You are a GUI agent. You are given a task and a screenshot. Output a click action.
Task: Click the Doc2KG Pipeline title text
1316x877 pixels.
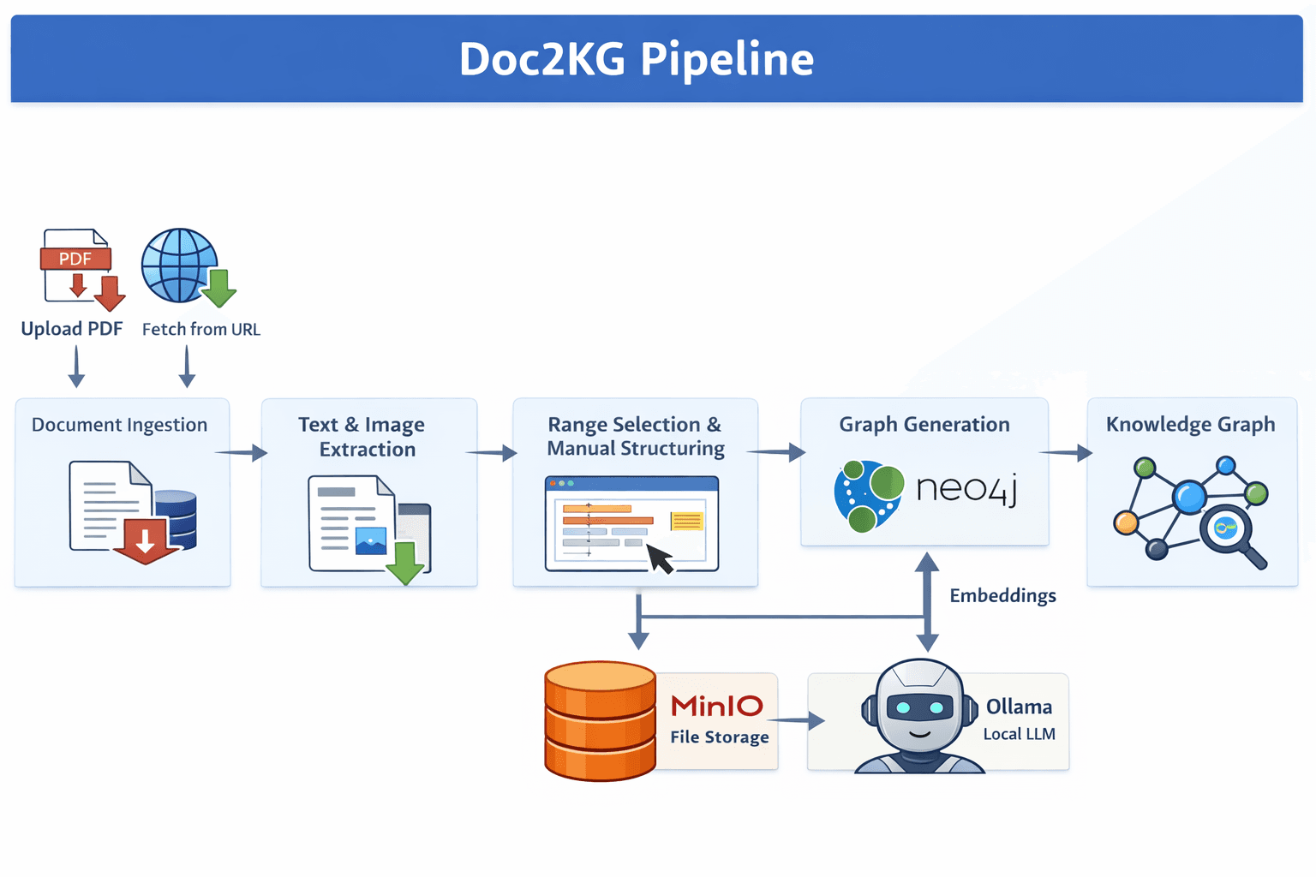(636, 59)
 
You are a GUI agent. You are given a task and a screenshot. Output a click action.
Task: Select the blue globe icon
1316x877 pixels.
(178, 265)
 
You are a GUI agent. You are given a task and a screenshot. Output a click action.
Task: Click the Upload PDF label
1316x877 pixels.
(72, 329)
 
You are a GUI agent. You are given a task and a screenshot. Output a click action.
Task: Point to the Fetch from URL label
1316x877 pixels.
(200, 330)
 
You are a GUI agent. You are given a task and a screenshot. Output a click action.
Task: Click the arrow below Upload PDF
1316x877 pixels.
(76, 367)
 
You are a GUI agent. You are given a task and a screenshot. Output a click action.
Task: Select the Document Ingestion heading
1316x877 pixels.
(119, 425)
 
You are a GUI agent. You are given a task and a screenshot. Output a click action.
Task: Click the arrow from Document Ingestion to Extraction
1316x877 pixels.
(242, 452)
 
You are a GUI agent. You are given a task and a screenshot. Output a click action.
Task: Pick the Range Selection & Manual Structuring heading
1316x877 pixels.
(635, 437)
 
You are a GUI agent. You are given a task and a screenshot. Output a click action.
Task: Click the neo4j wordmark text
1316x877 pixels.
(966, 489)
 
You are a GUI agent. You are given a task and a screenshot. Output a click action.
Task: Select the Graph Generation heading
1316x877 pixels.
(924, 425)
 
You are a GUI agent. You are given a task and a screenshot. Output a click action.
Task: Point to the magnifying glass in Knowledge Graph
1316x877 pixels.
(1230, 534)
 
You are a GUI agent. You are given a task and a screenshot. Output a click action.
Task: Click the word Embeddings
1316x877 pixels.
(1002, 596)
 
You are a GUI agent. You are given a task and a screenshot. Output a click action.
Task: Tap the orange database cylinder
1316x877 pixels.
(600, 720)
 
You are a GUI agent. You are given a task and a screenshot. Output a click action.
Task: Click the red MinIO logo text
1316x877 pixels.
(716, 707)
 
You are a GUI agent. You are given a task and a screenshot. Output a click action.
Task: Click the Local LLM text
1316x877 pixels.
(1019, 735)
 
